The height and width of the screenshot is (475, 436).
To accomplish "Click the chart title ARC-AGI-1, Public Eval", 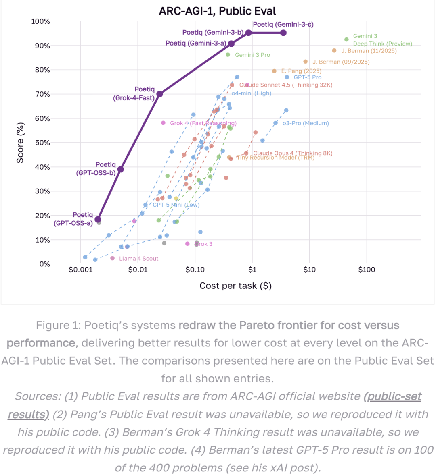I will click(218, 11).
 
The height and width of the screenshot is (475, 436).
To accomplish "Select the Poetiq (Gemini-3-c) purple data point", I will click(283, 33).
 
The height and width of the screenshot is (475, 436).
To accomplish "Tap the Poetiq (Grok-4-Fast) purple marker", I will click(159, 94).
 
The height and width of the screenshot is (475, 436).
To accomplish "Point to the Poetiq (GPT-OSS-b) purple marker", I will click(120, 169).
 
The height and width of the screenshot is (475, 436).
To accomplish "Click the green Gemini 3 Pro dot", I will click(228, 55).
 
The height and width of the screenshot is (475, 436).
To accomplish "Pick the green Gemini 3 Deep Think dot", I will click(346, 39).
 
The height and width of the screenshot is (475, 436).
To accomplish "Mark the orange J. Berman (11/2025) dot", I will click(334, 50).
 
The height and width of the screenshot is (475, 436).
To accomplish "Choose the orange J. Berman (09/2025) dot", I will click(305, 62).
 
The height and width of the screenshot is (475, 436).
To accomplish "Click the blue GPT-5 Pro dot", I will click(287, 77).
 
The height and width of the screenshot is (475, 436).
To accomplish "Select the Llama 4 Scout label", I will click(138, 259).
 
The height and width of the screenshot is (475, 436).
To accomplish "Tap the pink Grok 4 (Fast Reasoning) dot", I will click(163, 123).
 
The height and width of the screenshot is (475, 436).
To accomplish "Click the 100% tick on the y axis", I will click(40, 21).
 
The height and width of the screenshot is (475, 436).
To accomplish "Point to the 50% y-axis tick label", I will click(42, 143).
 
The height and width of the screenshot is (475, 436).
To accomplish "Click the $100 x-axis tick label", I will click(367, 270).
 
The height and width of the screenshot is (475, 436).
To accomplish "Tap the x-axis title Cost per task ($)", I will click(235, 286).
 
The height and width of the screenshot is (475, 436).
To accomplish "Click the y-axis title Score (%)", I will click(20, 143).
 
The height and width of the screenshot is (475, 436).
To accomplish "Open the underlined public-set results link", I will click(392, 396).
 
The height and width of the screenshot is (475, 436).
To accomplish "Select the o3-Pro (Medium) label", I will click(306, 123).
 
